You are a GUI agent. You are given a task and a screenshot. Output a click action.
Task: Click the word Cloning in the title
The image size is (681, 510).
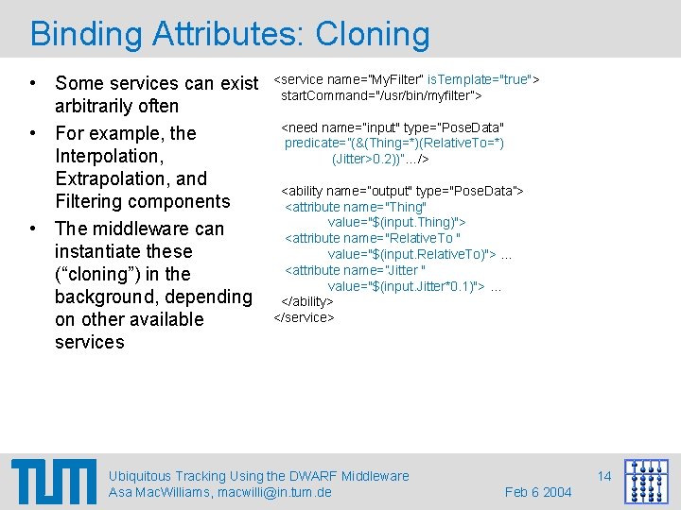pos(373,35)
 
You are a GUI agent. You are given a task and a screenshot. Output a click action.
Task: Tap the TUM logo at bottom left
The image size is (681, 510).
pos(54,482)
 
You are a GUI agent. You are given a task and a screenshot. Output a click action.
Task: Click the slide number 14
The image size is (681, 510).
pos(604,476)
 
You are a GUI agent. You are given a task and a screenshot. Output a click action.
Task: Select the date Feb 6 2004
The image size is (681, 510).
pos(538,492)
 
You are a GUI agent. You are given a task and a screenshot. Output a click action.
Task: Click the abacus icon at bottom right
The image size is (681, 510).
pos(646,482)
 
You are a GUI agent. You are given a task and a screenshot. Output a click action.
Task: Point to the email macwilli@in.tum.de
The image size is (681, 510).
pos(274,492)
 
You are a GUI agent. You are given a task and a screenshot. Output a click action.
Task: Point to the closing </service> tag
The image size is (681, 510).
pos(304,317)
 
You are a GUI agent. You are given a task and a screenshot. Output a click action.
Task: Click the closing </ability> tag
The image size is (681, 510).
pos(307,301)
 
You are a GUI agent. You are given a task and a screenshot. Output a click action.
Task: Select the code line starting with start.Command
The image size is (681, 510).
pos(381,95)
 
